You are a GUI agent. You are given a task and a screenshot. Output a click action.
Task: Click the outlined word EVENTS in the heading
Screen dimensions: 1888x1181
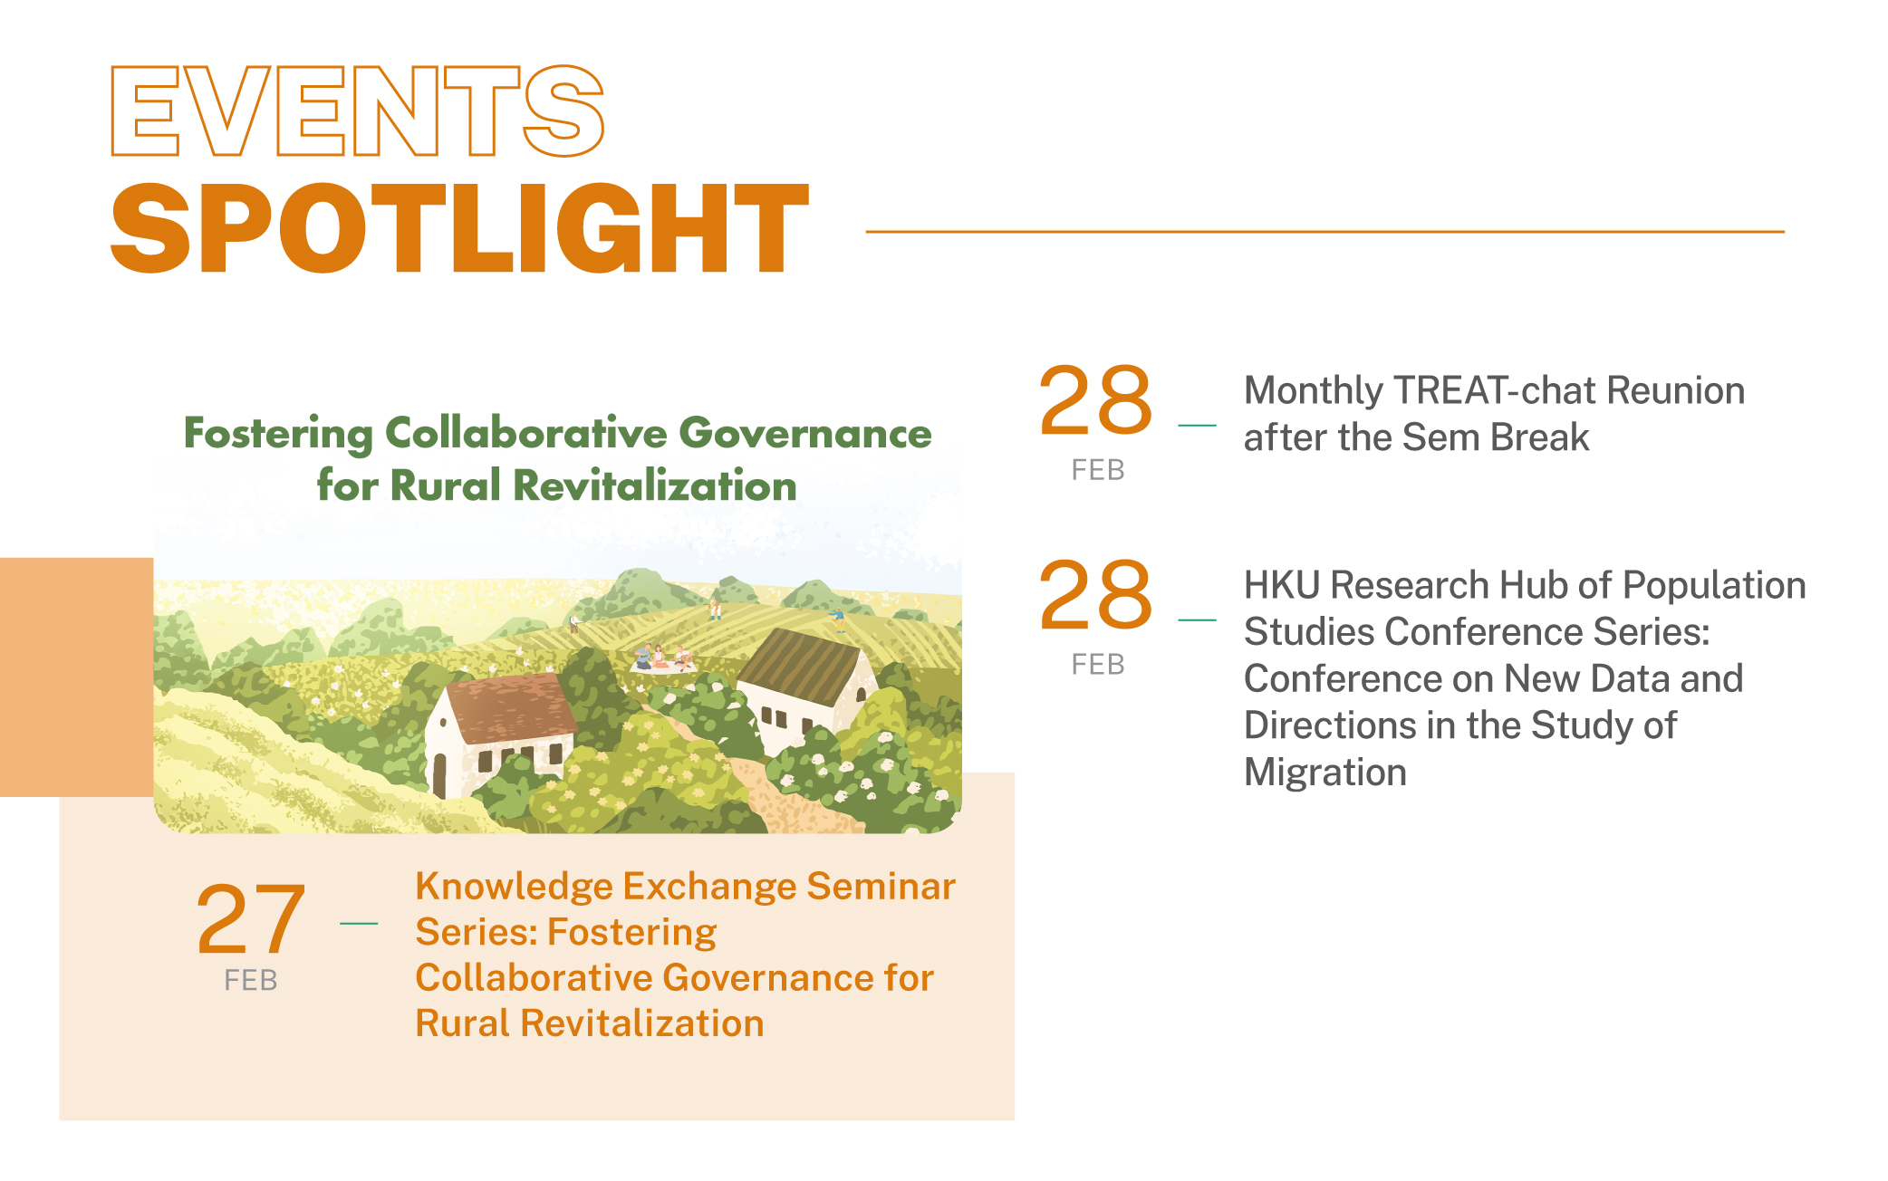click(357, 110)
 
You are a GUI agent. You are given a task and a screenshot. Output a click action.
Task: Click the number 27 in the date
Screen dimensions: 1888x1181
click(250, 920)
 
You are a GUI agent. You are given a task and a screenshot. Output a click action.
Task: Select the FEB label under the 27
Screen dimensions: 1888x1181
click(251, 980)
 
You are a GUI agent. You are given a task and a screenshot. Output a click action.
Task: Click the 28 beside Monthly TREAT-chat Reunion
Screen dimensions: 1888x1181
click(1095, 400)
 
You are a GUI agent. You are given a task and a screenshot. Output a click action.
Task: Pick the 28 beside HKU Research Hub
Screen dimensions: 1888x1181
click(1095, 594)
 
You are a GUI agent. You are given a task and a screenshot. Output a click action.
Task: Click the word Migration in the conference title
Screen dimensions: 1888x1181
click(1324, 773)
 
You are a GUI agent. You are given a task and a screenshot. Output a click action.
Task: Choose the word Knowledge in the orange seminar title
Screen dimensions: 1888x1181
click(514, 887)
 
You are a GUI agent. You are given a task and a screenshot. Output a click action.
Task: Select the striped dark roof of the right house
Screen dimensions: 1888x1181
click(798, 666)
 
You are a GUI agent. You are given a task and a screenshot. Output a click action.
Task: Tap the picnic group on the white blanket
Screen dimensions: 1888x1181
click(662, 658)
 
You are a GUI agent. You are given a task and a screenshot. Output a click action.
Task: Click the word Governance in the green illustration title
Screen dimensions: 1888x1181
click(804, 434)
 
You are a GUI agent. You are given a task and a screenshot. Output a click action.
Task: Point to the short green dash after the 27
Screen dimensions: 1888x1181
click(359, 923)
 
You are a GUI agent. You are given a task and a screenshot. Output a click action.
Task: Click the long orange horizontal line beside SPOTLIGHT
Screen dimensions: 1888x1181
click(1324, 232)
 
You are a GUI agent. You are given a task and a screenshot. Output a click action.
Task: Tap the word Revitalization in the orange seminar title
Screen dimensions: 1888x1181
click(642, 1023)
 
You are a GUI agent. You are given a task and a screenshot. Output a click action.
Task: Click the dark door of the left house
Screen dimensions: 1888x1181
click(440, 775)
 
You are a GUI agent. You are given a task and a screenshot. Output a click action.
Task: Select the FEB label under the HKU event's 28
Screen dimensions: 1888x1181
click(1097, 665)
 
